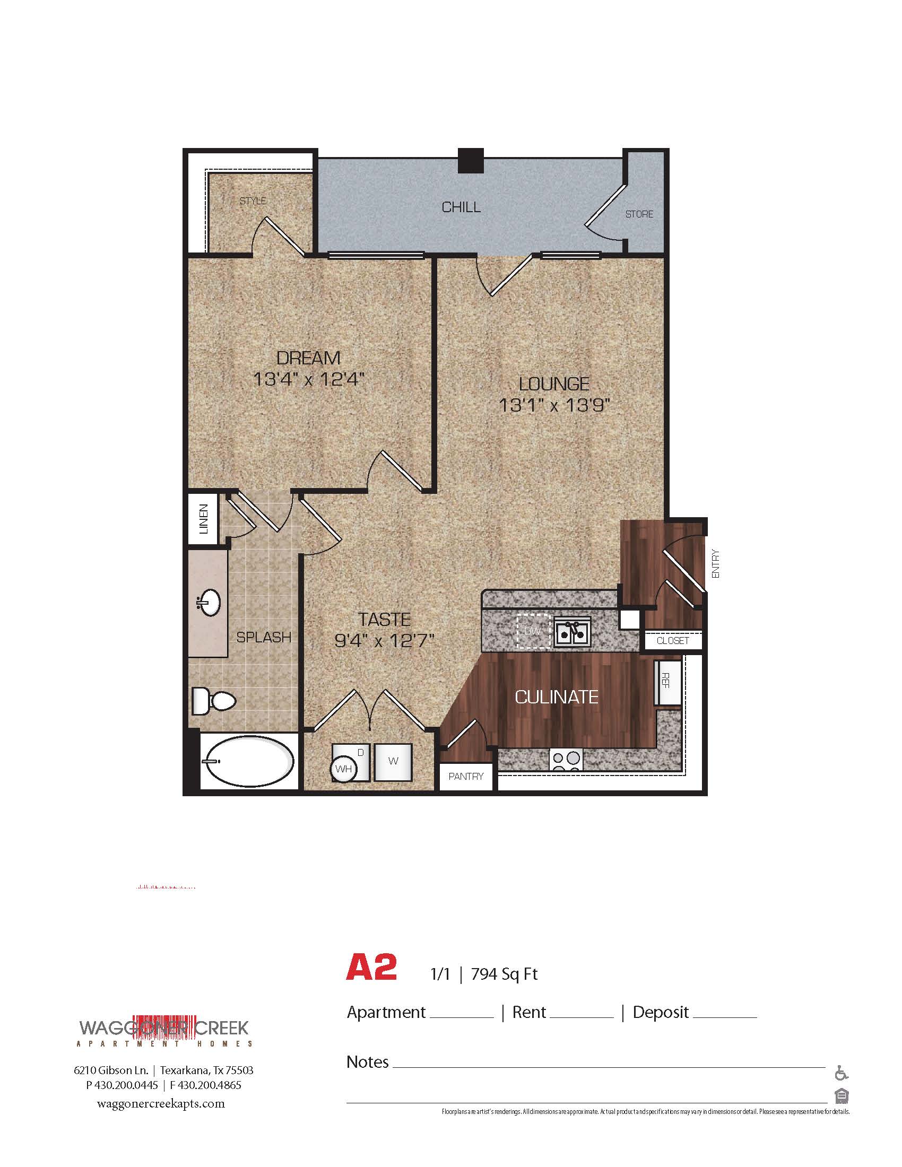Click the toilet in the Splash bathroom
point(214,700)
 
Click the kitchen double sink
point(572,633)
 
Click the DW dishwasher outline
point(533,632)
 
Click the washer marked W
point(393,761)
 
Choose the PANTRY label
point(466,777)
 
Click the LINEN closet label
point(203,519)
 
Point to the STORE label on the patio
point(639,214)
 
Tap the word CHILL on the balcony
point(461,207)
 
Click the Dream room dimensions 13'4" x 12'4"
point(308,380)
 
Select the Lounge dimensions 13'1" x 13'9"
point(554,406)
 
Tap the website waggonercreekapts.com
point(161,1104)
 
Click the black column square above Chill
point(471,160)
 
